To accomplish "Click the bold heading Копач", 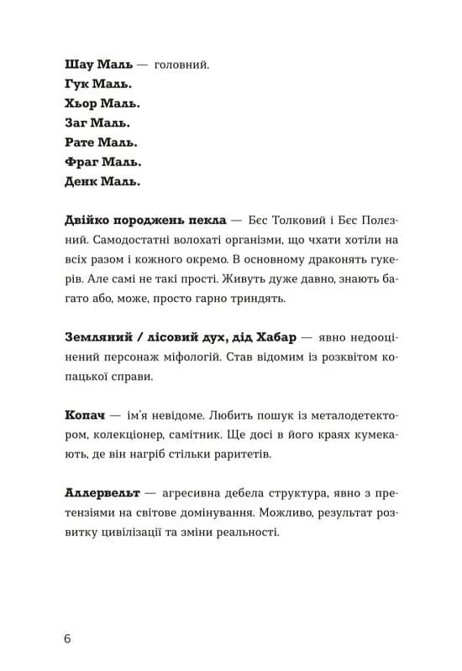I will pyautogui.click(x=85, y=415).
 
